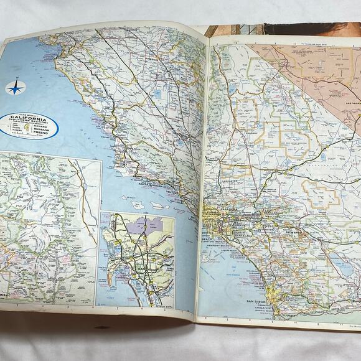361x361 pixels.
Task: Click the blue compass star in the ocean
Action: (15, 87)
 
